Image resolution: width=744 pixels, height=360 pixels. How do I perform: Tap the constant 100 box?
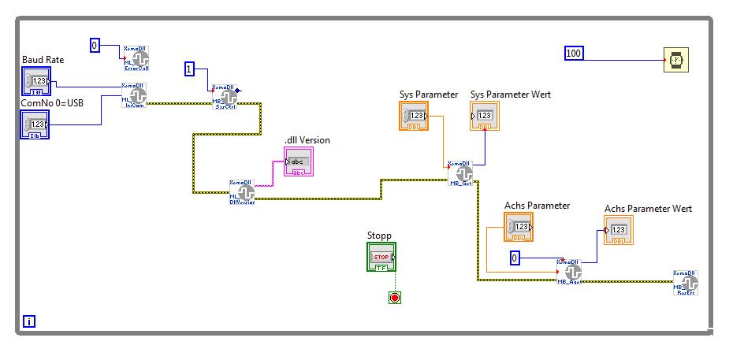(x=574, y=54)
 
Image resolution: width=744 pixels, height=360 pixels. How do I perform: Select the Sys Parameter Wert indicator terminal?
(x=485, y=117)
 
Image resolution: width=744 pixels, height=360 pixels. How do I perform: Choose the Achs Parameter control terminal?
(x=519, y=227)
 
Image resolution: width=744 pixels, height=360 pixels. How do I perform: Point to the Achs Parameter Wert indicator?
(x=619, y=230)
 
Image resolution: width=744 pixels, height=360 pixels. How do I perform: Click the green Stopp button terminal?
(x=382, y=258)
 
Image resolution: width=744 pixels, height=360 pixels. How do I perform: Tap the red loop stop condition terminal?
(x=395, y=297)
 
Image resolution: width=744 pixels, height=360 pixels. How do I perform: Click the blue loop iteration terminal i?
(x=29, y=321)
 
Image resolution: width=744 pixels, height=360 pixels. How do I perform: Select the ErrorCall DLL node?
(x=136, y=58)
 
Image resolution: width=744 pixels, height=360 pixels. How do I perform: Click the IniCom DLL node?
(x=134, y=95)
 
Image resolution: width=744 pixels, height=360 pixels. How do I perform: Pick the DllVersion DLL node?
(x=242, y=191)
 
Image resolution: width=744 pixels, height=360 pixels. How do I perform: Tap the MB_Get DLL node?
(x=462, y=173)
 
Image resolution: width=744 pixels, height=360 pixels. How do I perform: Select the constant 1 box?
(x=190, y=69)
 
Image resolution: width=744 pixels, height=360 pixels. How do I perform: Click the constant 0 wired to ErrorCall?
(x=95, y=46)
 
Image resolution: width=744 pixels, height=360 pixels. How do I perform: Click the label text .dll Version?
(x=307, y=140)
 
